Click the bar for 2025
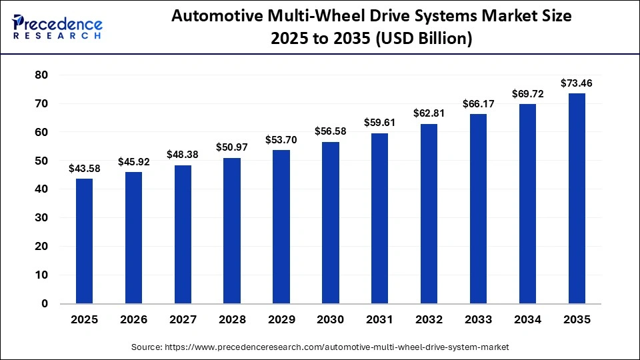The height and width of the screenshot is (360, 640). (x=84, y=241)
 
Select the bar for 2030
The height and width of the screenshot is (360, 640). (x=331, y=223)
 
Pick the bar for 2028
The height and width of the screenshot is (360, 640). (x=232, y=231)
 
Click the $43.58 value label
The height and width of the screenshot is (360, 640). (x=84, y=169)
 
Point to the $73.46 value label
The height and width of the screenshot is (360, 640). (x=577, y=83)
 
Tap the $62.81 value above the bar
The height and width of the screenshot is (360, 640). (x=429, y=113)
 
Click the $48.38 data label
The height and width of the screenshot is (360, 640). (x=183, y=155)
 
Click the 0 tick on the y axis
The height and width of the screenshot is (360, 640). (x=45, y=303)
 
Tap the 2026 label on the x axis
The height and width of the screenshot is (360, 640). (x=133, y=320)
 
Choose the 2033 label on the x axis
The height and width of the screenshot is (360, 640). (x=478, y=320)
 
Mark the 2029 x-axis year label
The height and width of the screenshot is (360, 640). (x=281, y=320)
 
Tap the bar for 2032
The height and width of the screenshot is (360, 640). (x=429, y=213)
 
